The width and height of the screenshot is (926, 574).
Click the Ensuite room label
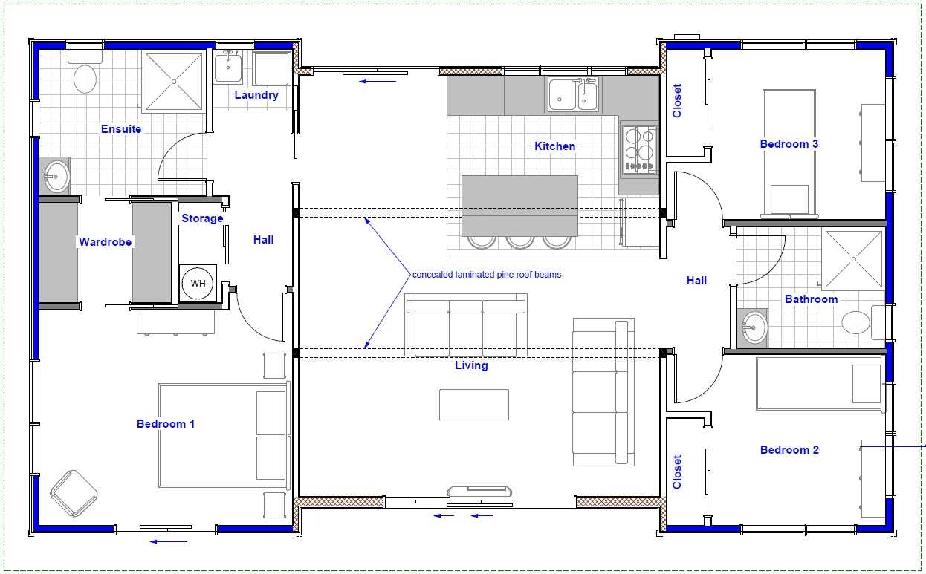pos(121,129)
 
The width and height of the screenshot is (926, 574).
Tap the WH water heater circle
pos(198,283)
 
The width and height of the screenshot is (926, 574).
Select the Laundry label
pos(256,95)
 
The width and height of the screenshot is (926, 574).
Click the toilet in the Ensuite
pos(85,71)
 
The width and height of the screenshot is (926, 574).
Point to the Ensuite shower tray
pos(174,82)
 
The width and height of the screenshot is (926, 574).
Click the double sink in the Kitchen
pos(574,94)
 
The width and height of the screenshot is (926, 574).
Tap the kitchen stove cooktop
pos(640,149)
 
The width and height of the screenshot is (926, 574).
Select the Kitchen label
pos(554,146)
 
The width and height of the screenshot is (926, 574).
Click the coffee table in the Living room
pos(474,404)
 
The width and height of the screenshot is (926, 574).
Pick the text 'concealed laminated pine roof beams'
pos(487,275)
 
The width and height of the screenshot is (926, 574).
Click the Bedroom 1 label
pos(165,424)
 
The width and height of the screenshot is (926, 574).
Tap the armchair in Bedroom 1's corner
pos(74,494)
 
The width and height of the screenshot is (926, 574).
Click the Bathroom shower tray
pos(854,259)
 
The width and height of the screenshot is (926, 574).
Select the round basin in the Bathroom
pos(753,327)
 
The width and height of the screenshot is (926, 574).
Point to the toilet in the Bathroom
pos(863,322)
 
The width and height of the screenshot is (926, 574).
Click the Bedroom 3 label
pos(789,144)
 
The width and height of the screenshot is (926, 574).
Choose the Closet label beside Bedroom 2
pos(677,472)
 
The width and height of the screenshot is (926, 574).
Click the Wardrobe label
pos(106,241)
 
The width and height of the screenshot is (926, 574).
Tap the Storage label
pos(203,218)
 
